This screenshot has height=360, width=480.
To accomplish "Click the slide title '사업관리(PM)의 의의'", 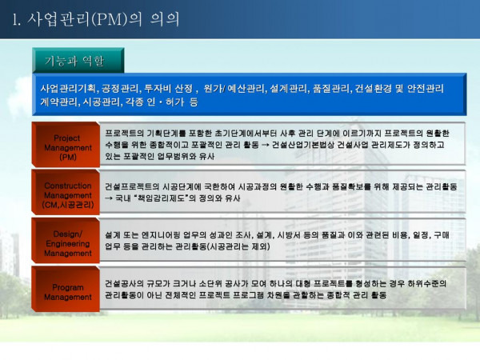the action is click(103, 19).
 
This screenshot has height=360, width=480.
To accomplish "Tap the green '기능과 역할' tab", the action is click(78, 60).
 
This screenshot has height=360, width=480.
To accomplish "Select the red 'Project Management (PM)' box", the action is click(66, 145).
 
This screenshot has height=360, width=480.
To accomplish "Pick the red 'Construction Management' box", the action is click(66, 192).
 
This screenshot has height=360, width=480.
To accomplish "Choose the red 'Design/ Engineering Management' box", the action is click(66, 241).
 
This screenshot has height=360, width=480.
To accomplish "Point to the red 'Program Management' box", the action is click(66, 289).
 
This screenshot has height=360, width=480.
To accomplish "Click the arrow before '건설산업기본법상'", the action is click(265, 145).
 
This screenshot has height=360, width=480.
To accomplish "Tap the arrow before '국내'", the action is click(109, 198).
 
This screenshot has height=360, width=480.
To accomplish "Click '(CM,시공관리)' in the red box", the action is click(68, 205).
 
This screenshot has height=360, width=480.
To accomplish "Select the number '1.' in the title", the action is click(17, 19).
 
